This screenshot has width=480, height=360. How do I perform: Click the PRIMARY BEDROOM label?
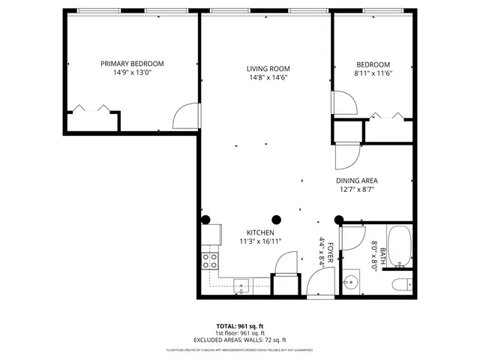[132, 64]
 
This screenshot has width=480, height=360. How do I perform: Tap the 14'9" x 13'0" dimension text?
[132, 73]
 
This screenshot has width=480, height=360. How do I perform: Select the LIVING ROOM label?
[268, 69]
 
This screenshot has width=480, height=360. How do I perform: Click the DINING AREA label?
[356, 181]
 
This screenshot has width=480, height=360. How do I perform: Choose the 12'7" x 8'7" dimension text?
[356, 190]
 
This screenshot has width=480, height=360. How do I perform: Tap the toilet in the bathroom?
[400, 284]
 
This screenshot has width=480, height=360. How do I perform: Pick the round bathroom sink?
[349, 284]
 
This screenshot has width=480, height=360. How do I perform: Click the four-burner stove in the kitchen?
[211, 261]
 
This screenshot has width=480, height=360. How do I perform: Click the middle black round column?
[276, 220]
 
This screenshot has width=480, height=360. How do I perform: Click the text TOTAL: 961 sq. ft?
[241, 326]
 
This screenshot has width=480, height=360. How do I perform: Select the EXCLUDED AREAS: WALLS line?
[241, 340]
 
